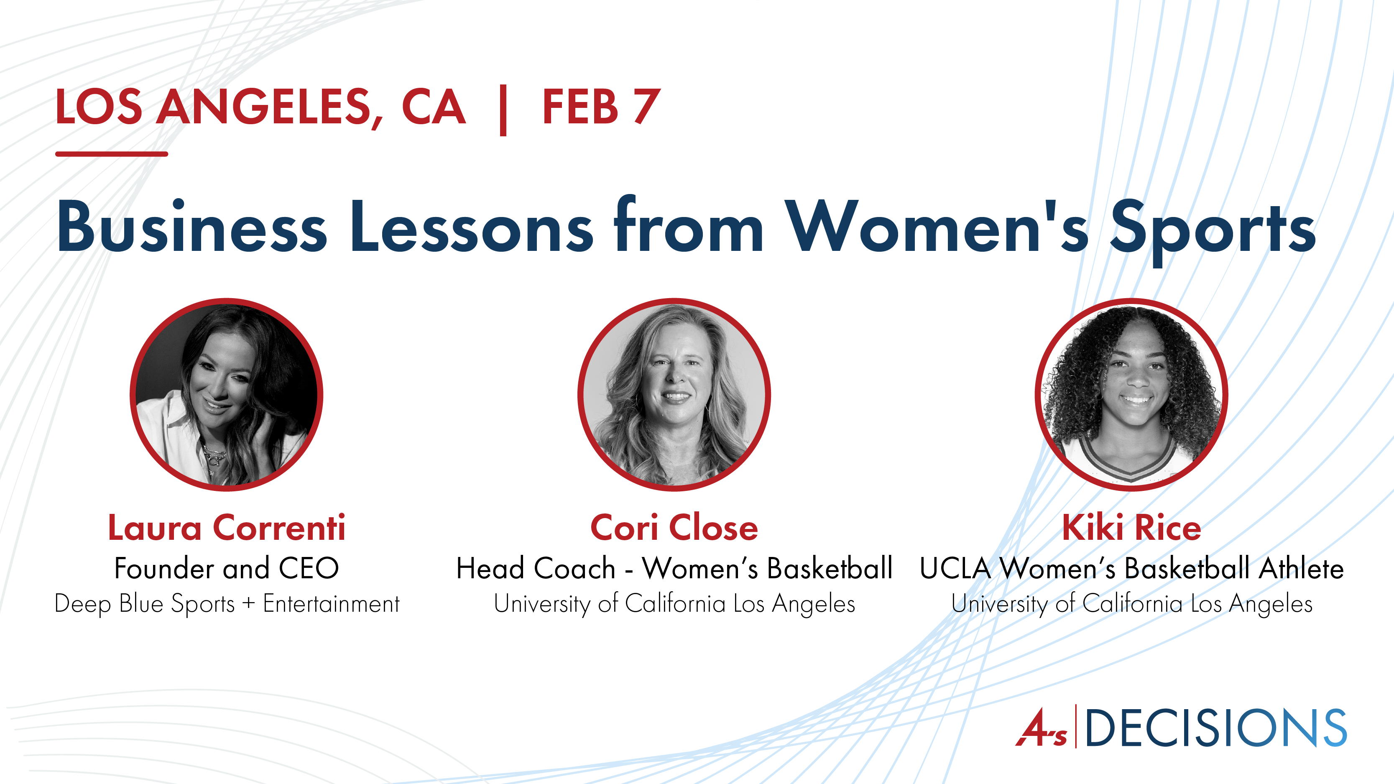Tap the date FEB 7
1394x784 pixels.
[601, 107]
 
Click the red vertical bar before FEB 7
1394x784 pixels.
[503, 110]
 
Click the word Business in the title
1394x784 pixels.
[192, 226]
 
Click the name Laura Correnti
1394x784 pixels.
[227, 528]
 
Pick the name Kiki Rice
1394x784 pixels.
[1131, 528]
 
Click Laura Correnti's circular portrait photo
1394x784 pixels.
[227, 394]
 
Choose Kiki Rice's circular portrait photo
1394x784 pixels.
[1131, 394]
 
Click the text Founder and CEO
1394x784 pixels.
[227, 568]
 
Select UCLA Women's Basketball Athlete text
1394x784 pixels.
[1131, 568]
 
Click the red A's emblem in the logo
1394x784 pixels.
[1041, 728]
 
